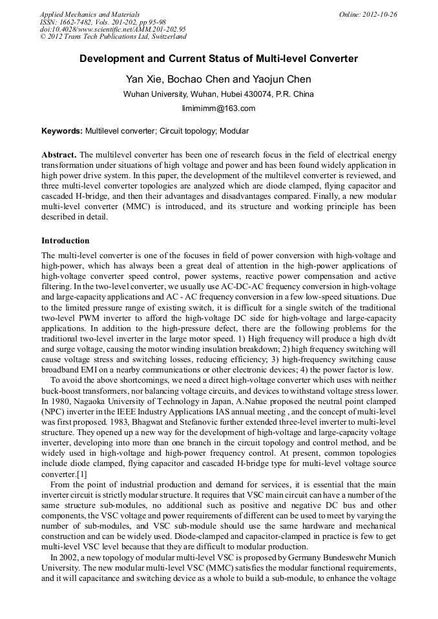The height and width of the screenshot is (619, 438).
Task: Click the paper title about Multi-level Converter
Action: (218, 59)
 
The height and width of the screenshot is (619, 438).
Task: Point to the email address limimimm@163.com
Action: (218, 108)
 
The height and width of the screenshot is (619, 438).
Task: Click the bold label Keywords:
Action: (62, 131)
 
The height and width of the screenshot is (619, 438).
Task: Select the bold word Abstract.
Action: (59, 156)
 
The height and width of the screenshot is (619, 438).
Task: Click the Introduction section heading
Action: (65, 241)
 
